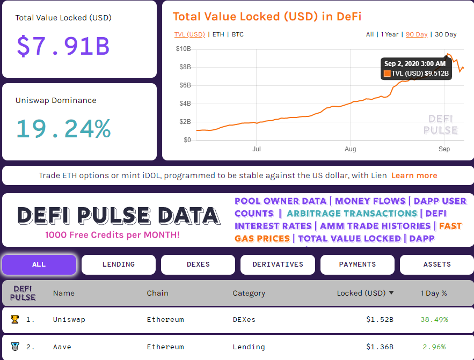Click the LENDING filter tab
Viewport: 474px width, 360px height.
[119, 265]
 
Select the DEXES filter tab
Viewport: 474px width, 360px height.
[198, 265]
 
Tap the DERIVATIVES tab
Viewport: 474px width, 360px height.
[278, 265]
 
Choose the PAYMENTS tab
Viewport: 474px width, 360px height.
[358, 265]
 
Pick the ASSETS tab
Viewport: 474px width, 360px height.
[437, 265]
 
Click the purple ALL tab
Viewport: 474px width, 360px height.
[39, 265]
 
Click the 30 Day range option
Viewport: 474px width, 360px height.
[445, 34]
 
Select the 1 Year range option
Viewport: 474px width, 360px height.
[390, 34]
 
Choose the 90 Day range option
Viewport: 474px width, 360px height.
[417, 34]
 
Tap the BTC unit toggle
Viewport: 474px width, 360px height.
[238, 34]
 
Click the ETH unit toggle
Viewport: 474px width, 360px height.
[218, 34]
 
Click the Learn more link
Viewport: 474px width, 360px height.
[414, 175]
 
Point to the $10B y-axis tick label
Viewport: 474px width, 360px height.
[184, 49]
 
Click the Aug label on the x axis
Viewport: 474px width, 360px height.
[351, 149]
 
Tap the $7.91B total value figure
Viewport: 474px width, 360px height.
[63, 46]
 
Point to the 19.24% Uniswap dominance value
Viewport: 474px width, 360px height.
[63, 129]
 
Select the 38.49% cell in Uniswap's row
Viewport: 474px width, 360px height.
[434, 320]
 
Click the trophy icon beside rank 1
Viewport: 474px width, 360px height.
[14, 320]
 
